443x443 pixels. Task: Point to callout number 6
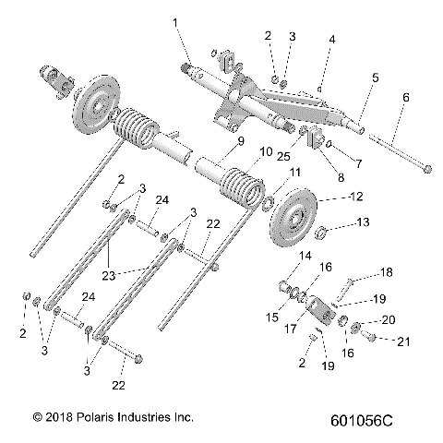click(405, 98)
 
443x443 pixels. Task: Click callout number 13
click(337, 222)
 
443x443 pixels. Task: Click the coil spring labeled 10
click(238, 185)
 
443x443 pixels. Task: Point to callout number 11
click(295, 173)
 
